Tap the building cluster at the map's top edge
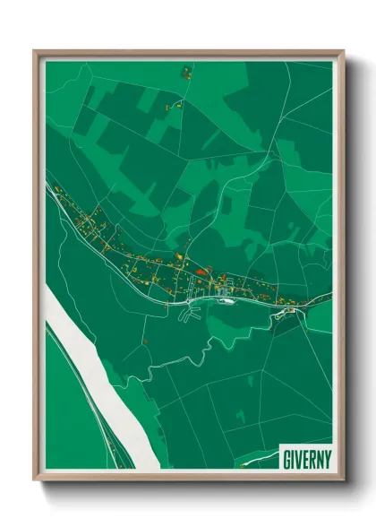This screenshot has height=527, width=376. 187,70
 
